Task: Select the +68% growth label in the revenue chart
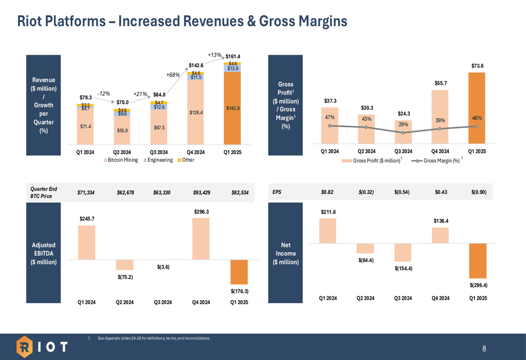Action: click(x=174, y=75)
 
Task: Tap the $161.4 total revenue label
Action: click(x=233, y=56)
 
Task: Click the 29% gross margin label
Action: click(x=403, y=124)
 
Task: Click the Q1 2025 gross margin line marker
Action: click(x=477, y=126)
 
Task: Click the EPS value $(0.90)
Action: click(x=479, y=192)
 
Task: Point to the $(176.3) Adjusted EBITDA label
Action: click(x=239, y=291)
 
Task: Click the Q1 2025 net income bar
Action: click(x=478, y=261)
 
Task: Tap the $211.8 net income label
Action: click(x=328, y=212)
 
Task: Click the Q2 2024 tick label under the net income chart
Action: click(x=366, y=298)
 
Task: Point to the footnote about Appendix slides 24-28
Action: click(x=154, y=337)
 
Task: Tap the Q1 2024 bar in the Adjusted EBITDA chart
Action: click(x=87, y=243)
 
